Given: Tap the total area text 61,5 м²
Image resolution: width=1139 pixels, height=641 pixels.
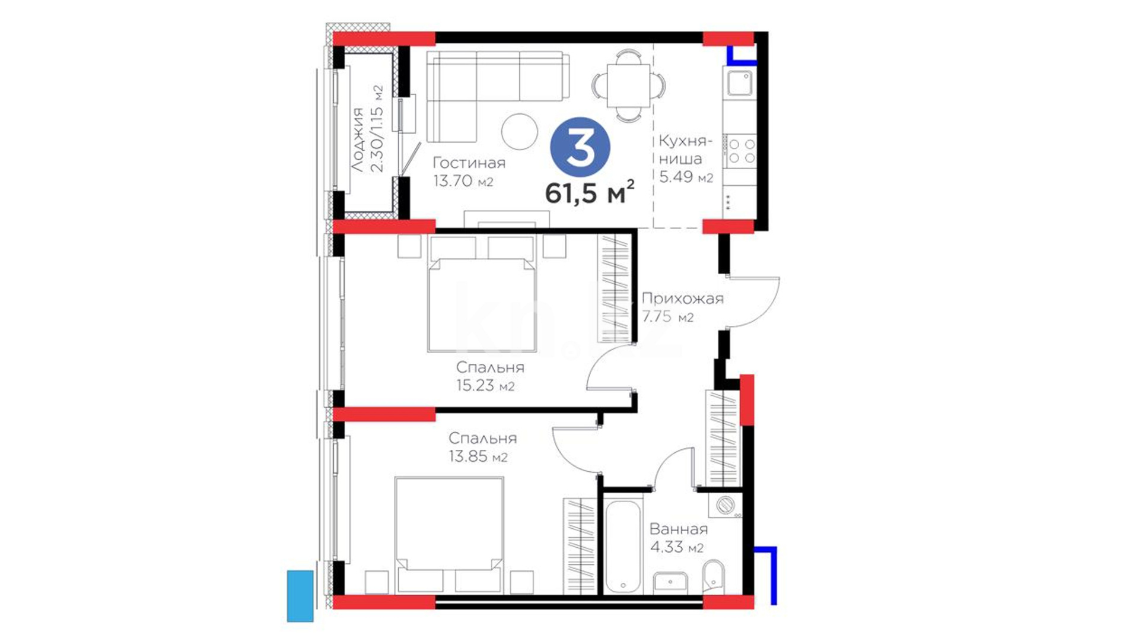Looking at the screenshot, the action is tap(590, 192).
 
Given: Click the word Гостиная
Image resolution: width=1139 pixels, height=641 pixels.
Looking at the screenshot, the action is tap(469, 163).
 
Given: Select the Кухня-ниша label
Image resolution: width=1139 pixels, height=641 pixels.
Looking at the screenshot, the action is tap(685, 150).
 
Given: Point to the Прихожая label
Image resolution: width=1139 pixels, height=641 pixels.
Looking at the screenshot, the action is tap(682, 298).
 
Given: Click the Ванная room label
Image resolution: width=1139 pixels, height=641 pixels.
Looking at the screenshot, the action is tap(679, 529).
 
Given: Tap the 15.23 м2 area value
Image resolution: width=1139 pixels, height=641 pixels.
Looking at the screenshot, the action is tap(485, 385).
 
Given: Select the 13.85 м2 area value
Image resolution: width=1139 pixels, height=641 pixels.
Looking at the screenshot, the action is tap(478, 456).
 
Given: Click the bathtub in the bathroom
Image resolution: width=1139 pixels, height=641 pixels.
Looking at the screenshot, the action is tap(623, 546).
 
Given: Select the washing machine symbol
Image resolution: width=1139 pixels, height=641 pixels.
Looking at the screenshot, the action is tap(725, 505).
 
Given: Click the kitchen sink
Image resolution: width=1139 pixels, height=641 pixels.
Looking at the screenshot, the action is tap(739, 84).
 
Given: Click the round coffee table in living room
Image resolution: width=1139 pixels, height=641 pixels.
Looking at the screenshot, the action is tap(520, 131).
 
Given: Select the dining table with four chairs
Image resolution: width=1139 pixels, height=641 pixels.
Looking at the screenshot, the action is tap(628, 86).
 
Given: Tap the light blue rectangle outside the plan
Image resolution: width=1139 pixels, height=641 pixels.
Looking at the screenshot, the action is tap(300, 596).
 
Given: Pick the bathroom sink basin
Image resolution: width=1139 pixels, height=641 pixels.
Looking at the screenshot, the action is tap(670, 582).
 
